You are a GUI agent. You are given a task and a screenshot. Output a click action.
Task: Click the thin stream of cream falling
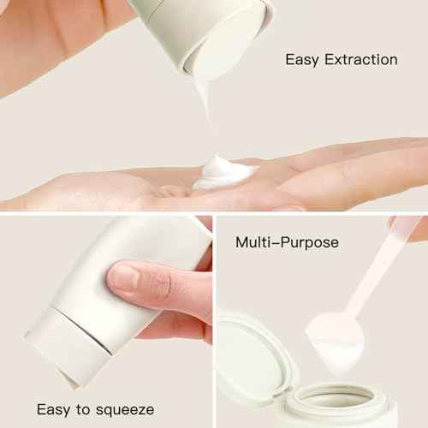pyautogui.click(x=204, y=111)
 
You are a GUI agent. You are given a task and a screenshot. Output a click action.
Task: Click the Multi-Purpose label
pyautogui.click(x=287, y=243)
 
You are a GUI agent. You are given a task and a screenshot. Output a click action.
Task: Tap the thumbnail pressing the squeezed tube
pyautogui.click(x=125, y=277)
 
